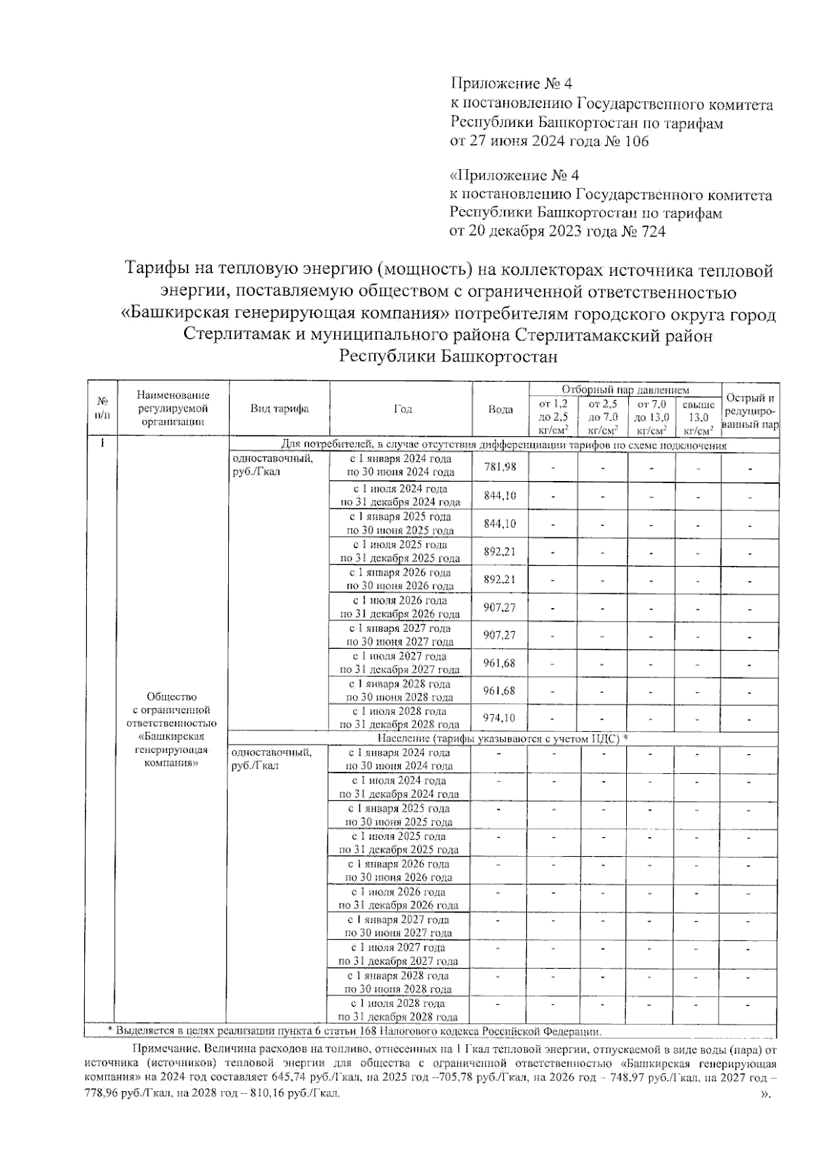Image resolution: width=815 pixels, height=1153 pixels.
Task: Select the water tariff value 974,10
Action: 500,717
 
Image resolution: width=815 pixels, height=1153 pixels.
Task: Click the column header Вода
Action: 501,409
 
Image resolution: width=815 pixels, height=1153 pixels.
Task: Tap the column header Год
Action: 403,409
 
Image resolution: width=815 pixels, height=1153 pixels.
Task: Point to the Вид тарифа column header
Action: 279,409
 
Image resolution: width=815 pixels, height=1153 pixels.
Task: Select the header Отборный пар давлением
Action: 625,390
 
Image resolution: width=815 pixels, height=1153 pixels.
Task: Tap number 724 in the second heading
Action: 651,231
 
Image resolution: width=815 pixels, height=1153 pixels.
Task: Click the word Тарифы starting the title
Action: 156,271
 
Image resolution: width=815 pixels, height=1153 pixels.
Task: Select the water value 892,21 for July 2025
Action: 500,551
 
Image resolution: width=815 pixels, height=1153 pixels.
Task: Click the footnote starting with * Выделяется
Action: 353,1031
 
